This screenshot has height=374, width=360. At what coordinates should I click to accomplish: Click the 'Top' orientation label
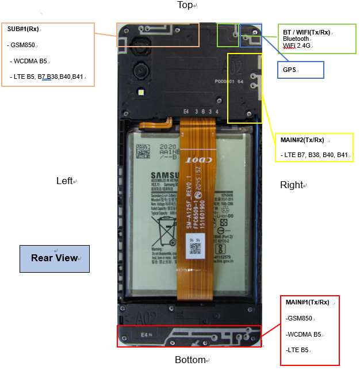185,5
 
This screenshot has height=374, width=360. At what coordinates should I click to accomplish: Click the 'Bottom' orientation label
190,360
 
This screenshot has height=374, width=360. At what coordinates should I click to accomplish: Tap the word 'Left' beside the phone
64,181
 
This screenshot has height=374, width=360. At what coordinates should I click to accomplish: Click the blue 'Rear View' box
55,258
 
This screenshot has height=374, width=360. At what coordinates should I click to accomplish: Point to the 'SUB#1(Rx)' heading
23,29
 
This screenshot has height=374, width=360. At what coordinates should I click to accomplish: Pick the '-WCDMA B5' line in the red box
303,334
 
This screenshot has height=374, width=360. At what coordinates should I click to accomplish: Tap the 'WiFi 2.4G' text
297,45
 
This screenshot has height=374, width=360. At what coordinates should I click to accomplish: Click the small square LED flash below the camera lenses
141,92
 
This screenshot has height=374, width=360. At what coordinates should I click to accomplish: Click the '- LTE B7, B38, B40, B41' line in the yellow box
315,155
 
